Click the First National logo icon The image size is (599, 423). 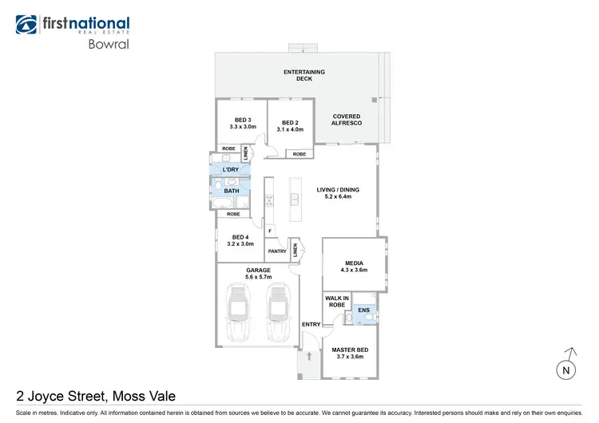(x=26, y=25)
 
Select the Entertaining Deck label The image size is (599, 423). (x=304, y=76)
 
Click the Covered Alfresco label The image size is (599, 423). (x=347, y=120)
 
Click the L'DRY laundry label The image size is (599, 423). (x=231, y=170)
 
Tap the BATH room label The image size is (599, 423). (x=232, y=192)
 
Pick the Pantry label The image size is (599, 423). (x=277, y=251)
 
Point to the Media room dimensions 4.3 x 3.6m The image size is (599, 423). (x=355, y=270)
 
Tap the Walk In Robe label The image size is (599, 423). (x=335, y=302)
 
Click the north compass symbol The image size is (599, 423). (x=568, y=365)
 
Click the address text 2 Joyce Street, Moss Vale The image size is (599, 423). (x=96, y=395)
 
